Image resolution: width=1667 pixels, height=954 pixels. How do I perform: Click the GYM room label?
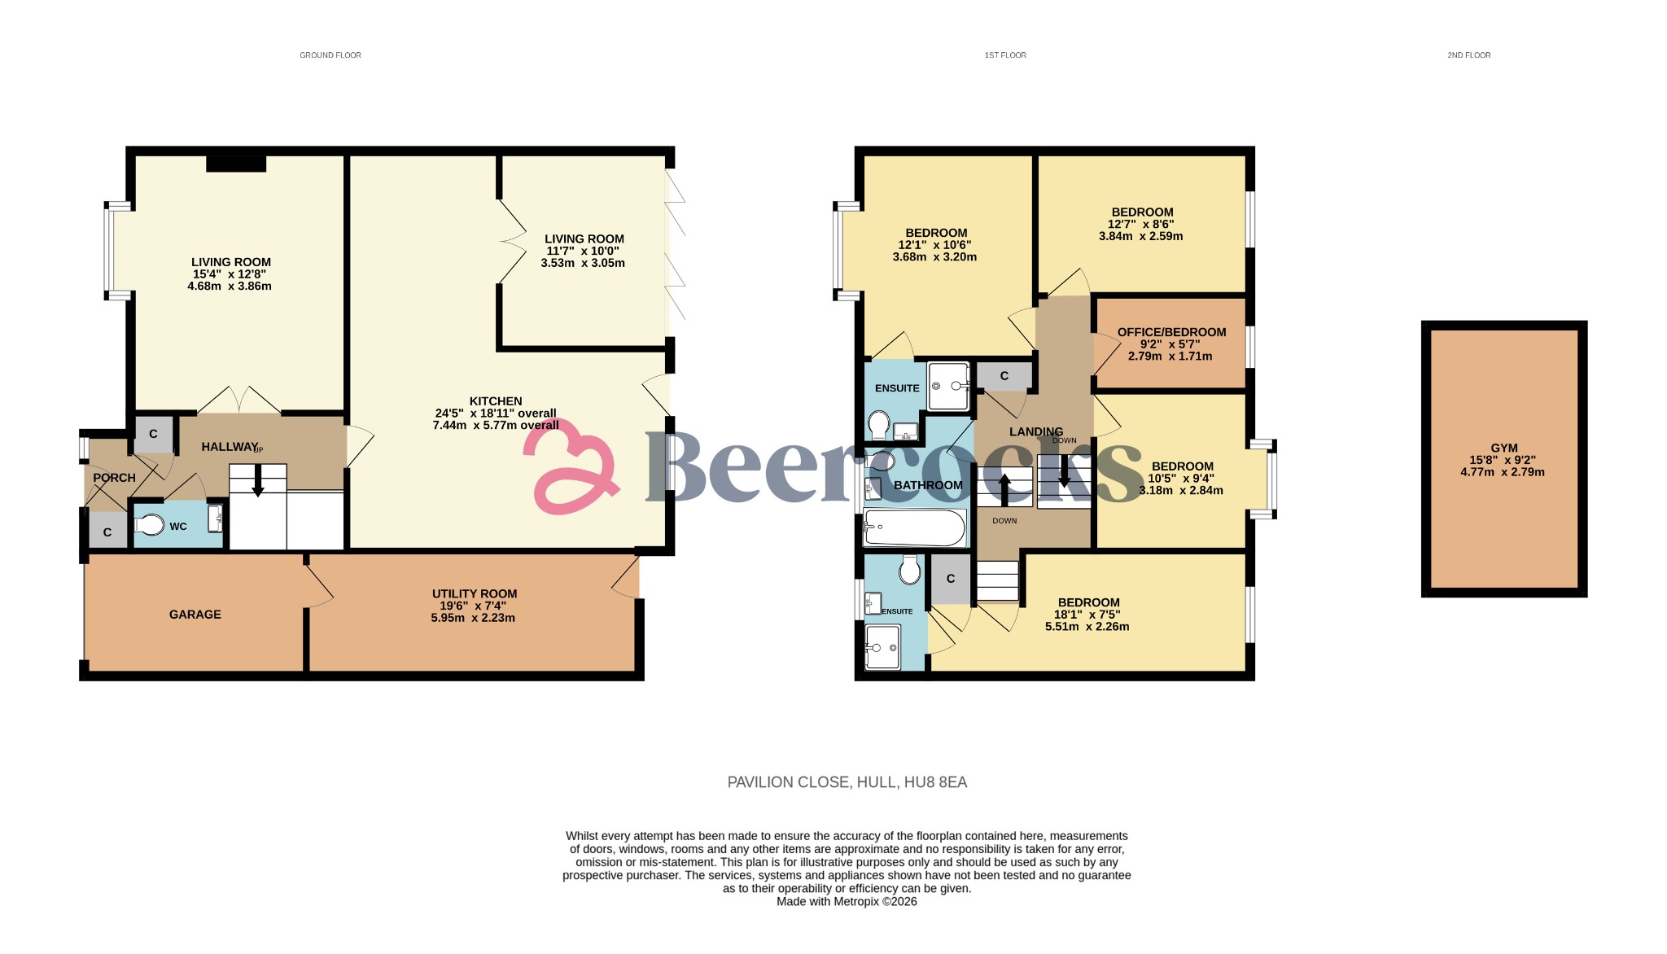1503,448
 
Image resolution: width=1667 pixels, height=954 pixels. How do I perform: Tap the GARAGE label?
195,615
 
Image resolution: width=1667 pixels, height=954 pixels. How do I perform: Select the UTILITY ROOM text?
474,594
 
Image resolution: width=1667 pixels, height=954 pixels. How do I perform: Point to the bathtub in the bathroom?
915,527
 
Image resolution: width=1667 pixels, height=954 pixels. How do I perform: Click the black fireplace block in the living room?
236,164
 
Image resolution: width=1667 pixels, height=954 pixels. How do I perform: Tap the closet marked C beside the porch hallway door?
153,435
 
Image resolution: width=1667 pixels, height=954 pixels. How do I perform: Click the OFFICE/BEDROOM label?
1171,332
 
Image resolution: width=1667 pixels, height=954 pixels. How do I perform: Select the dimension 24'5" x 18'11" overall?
496,414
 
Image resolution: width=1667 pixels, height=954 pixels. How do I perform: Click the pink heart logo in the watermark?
570,468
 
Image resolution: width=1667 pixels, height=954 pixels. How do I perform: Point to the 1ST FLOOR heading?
1005,55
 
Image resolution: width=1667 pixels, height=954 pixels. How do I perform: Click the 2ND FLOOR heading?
1468,55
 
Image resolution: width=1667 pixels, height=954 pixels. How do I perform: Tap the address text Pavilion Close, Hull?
847,782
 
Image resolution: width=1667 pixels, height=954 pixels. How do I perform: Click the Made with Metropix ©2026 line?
847,902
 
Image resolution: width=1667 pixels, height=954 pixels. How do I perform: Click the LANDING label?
1035,431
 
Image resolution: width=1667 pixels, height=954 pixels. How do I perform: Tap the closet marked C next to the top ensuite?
1004,376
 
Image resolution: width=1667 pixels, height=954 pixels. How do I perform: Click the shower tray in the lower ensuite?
882,647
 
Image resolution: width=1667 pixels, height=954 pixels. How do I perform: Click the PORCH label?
114,478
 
